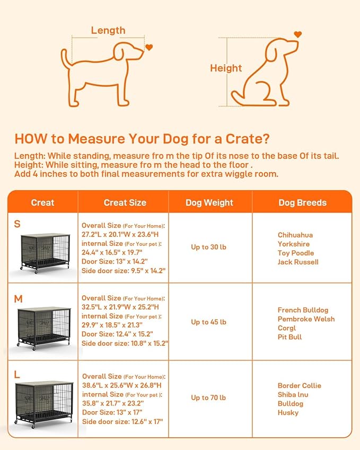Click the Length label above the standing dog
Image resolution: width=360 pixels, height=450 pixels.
(108, 31)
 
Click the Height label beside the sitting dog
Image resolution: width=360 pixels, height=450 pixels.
(226, 68)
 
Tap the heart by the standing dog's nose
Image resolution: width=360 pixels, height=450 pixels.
(149, 48)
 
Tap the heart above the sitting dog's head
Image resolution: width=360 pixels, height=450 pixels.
(297, 34)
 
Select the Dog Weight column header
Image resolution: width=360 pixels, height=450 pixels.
(209, 202)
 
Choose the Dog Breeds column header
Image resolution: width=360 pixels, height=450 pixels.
(302, 202)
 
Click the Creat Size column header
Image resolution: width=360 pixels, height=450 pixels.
(125, 202)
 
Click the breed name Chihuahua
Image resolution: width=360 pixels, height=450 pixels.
(295, 235)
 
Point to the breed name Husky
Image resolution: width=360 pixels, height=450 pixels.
(288, 412)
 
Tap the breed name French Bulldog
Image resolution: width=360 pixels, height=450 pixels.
(303, 310)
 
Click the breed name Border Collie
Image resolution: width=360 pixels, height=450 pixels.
(299, 385)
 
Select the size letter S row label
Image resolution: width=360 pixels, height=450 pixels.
(17, 224)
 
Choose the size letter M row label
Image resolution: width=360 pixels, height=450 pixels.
(18, 299)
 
